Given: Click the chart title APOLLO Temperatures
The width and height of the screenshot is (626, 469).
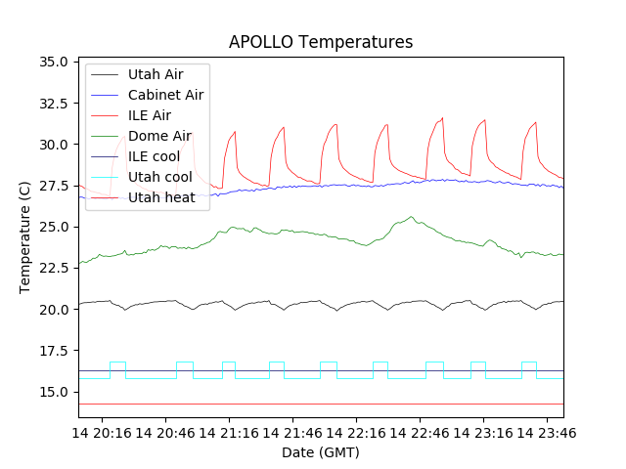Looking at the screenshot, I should pyautogui.click(x=321, y=42).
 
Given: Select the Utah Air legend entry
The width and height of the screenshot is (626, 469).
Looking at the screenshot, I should pyautogui.click(x=155, y=74).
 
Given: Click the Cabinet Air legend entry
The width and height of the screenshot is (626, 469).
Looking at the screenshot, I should pyautogui.click(x=165, y=95).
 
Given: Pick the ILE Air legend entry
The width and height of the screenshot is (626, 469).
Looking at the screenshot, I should pyautogui.click(x=150, y=115).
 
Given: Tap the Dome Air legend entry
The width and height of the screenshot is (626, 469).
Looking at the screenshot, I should pyautogui.click(x=159, y=136).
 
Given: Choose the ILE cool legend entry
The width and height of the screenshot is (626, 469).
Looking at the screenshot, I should pyautogui.click(x=154, y=156).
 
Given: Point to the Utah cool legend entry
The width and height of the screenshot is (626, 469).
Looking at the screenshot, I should pyautogui.click(x=159, y=177).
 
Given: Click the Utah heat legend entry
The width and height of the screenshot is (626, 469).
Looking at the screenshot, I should pyautogui.click(x=161, y=197).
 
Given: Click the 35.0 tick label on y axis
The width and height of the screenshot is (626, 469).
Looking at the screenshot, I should pyautogui.click(x=53, y=62).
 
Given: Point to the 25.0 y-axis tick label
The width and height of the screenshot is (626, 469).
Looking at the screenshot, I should pyautogui.click(x=53, y=227).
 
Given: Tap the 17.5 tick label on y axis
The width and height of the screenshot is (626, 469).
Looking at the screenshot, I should pyautogui.click(x=53, y=351).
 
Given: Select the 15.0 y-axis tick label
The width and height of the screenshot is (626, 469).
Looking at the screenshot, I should pyautogui.click(x=53, y=392).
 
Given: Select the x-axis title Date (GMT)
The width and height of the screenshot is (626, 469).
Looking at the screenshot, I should pyautogui.click(x=321, y=452).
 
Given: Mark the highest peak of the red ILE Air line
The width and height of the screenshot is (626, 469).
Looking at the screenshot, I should pyautogui.click(x=442, y=118).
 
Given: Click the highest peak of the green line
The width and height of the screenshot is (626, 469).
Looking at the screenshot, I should pyautogui.click(x=412, y=217).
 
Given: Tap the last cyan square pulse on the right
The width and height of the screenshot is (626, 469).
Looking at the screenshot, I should pyautogui.click(x=528, y=362).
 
